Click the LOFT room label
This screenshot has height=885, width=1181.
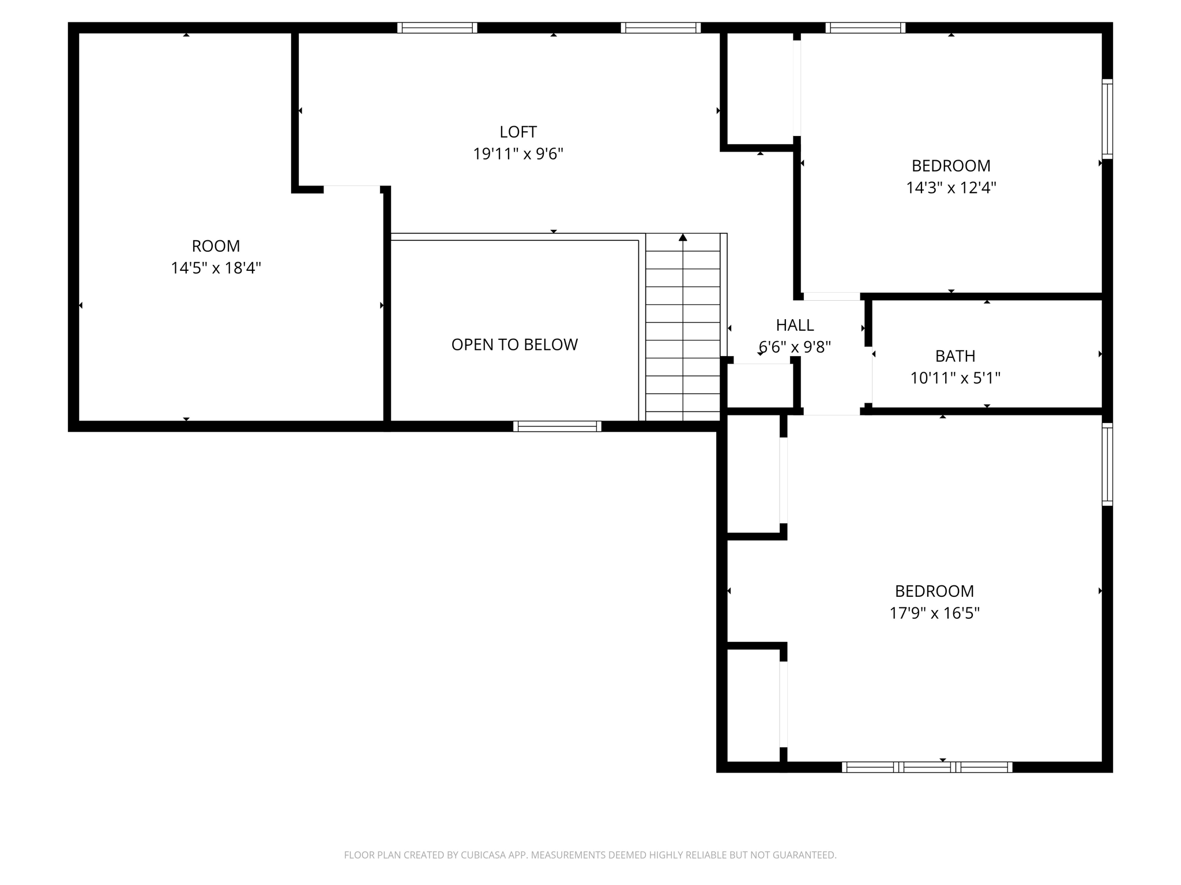tap(518, 132)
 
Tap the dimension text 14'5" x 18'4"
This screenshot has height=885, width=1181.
tap(216, 268)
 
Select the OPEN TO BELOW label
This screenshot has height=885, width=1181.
tap(514, 345)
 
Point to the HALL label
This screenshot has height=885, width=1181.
tap(795, 325)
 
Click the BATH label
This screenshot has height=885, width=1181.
tap(955, 356)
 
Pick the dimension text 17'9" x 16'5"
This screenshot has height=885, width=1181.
tap(934, 613)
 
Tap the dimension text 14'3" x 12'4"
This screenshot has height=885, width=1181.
tap(951, 188)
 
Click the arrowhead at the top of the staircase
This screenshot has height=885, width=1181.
tap(683, 237)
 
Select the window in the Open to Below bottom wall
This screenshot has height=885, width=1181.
tap(557, 426)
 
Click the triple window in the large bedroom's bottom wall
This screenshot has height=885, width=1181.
tap(927, 767)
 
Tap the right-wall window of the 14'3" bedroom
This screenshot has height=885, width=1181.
tap(1107, 119)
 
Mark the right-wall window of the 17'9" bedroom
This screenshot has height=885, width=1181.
tap(1107, 464)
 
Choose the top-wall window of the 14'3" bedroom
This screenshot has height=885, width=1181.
tap(865, 28)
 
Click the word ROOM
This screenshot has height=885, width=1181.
tap(216, 246)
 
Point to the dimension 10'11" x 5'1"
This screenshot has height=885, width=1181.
tap(955, 378)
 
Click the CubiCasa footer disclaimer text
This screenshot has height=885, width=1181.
tap(590, 855)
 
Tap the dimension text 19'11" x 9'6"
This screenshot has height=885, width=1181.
tap(518, 154)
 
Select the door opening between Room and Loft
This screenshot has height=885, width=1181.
tap(352, 189)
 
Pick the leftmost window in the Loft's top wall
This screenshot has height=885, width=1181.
tap(437, 28)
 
